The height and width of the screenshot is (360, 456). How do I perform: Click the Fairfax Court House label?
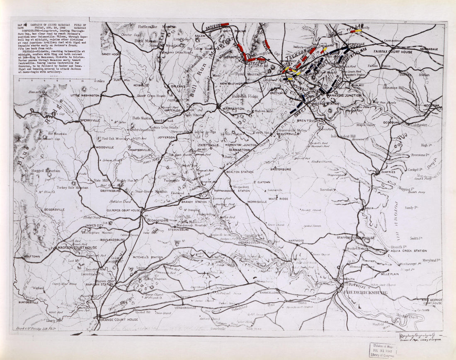click(393, 52)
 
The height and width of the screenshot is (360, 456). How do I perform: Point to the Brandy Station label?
click(194, 202)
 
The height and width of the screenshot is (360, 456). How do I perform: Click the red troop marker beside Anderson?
click(225, 24)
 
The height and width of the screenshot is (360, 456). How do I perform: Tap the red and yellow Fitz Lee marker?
click(356, 30)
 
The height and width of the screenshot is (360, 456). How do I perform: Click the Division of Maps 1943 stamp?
click(383, 350)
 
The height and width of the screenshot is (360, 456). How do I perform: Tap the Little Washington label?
click(85, 95)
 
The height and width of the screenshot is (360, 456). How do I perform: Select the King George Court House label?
click(432, 301)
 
